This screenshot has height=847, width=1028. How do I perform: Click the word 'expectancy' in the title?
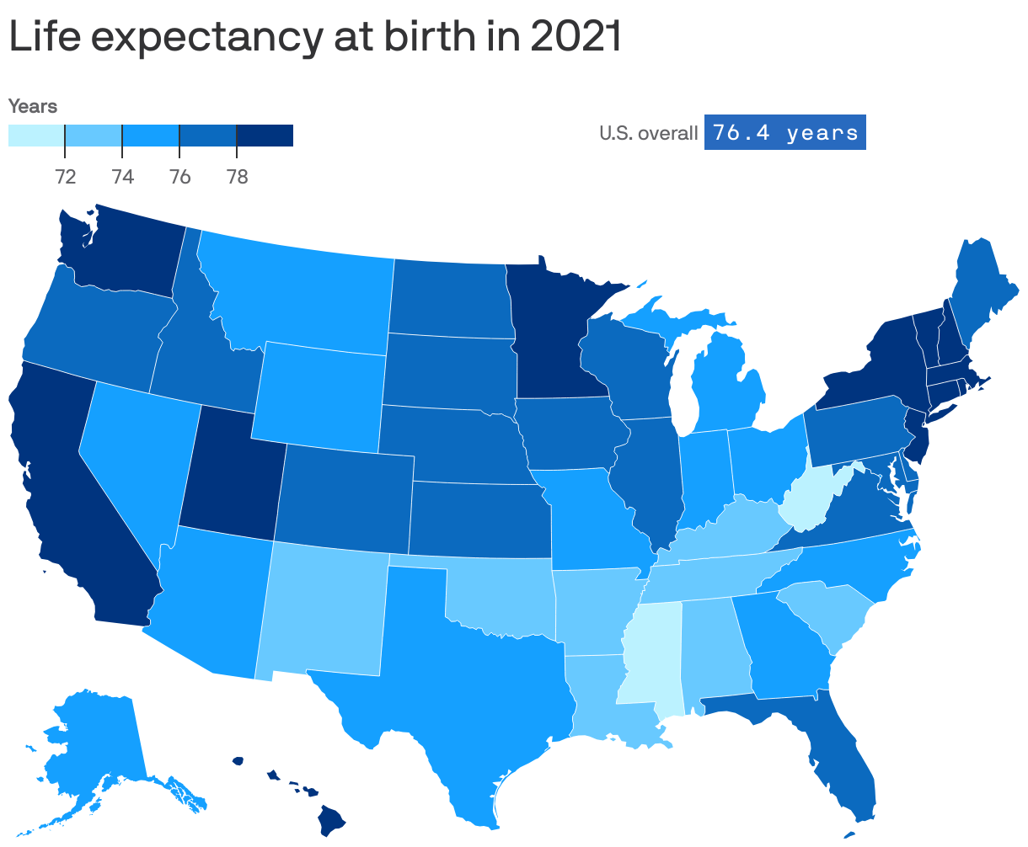204,39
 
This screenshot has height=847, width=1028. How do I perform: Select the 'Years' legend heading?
33,106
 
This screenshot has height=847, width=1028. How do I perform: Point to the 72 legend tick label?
66,177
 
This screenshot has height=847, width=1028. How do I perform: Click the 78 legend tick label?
237,177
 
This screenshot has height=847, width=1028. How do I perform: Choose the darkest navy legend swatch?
265,136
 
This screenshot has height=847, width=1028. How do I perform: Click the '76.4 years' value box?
784,133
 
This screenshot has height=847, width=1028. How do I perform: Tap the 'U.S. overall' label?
648,133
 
